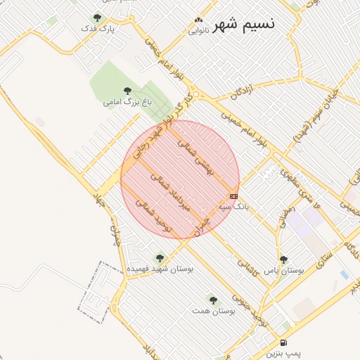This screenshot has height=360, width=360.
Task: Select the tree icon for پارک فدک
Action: point(97,18)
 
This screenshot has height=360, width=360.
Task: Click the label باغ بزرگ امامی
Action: point(127,103)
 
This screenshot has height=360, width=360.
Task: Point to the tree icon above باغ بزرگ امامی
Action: point(127,91)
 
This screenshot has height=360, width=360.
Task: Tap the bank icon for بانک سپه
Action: point(233,196)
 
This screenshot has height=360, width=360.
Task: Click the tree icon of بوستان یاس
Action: point(283,259)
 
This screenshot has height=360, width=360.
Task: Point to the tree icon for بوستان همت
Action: point(213,300)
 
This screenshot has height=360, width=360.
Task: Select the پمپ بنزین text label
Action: point(283,354)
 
